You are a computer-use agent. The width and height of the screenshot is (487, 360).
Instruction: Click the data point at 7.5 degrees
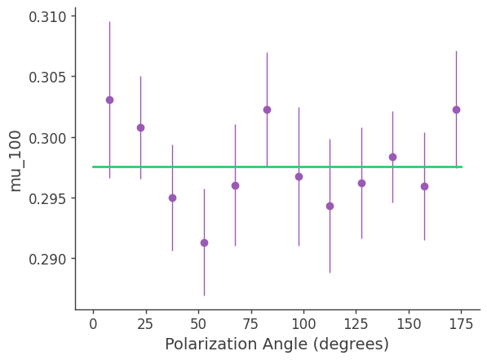[109, 100]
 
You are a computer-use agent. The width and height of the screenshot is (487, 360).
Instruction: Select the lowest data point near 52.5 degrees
[204, 242]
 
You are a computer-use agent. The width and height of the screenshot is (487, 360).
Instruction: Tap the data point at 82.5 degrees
[267, 109]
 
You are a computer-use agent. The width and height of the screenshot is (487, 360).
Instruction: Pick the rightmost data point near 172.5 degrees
[456, 109]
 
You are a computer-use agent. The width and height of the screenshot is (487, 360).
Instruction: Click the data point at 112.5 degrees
[330, 206]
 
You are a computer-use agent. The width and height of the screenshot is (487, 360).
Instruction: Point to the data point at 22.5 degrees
[140, 127]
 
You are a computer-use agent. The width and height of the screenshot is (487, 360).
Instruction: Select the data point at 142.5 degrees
[392, 157]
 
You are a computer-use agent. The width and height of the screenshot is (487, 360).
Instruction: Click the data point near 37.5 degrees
[172, 198]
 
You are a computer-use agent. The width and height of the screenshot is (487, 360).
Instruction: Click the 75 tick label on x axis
[251, 323]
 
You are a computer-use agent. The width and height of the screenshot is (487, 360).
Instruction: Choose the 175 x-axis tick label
[462, 323]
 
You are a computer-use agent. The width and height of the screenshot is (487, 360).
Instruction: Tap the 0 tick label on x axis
[93, 323]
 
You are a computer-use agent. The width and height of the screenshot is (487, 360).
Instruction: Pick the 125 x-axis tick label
[356, 323]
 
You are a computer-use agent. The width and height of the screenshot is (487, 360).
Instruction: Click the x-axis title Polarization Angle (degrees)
[277, 344]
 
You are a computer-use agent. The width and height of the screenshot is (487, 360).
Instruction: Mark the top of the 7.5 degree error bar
[109, 22]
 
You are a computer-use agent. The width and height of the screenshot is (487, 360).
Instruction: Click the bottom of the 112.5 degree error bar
[330, 273]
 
